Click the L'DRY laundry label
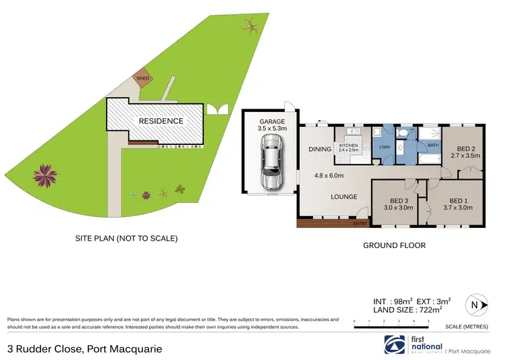(x=385, y=147)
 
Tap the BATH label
(x=432, y=144)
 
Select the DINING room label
(x=320, y=149)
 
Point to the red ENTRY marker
(x=360, y=222)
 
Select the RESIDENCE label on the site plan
(x=161, y=121)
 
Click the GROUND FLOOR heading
(x=394, y=245)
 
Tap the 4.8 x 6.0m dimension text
(x=329, y=176)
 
